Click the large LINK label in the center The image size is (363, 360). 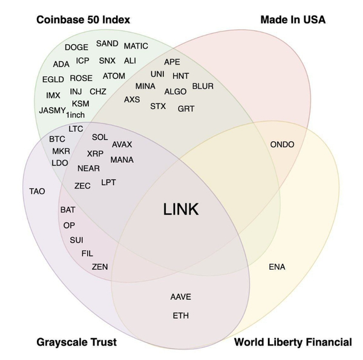[x=181, y=209]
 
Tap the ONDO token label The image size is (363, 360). [x=283, y=145]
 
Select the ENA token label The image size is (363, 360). [x=276, y=267]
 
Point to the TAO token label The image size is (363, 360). [x=37, y=191]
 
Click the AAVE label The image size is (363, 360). [x=180, y=297]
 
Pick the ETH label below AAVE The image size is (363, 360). [x=180, y=316]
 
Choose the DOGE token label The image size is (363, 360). [x=76, y=47]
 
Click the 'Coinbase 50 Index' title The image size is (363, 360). [x=83, y=20]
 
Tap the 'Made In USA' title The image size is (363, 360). [x=293, y=20]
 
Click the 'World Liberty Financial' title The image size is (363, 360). [x=293, y=342]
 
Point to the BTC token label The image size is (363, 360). [x=57, y=139]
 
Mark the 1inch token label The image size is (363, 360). [x=75, y=115]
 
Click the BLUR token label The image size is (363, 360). [x=203, y=87]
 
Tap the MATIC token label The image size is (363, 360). [x=136, y=46]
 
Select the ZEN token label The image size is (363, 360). [x=100, y=266]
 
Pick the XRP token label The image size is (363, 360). [x=95, y=154]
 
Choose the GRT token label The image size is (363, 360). [x=186, y=109]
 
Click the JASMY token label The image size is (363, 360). [x=51, y=111]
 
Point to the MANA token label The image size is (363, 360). [x=122, y=160]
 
